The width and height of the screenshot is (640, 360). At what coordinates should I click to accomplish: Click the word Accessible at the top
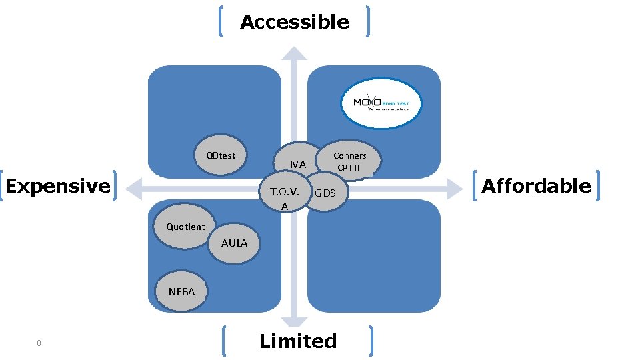tap(294, 22)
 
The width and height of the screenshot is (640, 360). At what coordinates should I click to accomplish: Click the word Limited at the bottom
tap(297, 341)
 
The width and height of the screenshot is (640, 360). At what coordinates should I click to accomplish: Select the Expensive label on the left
tap(58, 185)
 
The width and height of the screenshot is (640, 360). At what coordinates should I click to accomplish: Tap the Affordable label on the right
tap(536, 185)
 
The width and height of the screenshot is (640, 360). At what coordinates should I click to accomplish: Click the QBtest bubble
tap(220, 156)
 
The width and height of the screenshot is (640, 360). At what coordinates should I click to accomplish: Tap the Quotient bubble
tap(185, 227)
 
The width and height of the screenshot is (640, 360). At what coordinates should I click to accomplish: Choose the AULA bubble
tap(234, 243)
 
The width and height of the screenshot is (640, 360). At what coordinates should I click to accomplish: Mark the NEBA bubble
tap(181, 291)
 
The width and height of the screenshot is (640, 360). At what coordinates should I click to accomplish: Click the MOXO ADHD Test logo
tap(381, 103)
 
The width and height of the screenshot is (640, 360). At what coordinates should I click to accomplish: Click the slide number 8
tap(39, 343)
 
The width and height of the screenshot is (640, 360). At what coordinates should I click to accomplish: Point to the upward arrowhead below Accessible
tap(294, 53)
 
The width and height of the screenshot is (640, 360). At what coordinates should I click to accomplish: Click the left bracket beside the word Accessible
tap(221, 22)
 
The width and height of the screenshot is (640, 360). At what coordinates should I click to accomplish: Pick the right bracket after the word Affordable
tap(600, 185)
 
